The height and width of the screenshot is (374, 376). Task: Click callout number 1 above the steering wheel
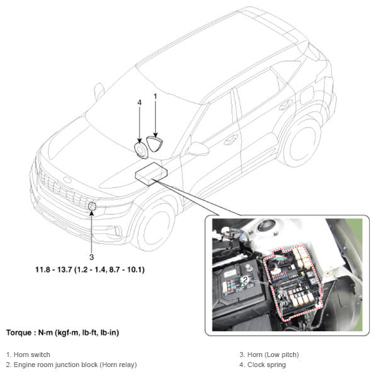click(x=155, y=96)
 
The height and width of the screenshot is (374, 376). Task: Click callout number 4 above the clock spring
click(x=140, y=102)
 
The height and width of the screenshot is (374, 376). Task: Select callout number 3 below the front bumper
click(x=91, y=257)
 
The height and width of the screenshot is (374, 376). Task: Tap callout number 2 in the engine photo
click(x=245, y=279)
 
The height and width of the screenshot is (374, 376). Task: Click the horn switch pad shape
click(x=155, y=144)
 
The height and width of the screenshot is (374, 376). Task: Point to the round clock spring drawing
click(x=140, y=150)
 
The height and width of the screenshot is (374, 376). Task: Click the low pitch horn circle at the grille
click(x=92, y=206)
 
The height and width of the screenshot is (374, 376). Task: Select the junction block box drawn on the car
click(x=151, y=173)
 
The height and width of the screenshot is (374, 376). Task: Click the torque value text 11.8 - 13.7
click(x=90, y=270)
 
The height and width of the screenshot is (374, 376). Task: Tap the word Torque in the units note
click(x=19, y=333)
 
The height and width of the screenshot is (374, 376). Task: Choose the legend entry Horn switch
click(x=28, y=355)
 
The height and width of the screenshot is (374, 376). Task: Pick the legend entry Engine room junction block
click(x=72, y=365)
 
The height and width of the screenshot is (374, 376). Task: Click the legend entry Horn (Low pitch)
click(x=269, y=355)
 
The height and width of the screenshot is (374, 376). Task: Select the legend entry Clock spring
click(x=263, y=365)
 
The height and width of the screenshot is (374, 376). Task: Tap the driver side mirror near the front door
click(x=198, y=148)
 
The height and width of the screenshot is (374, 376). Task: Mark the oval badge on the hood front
click(x=67, y=180)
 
